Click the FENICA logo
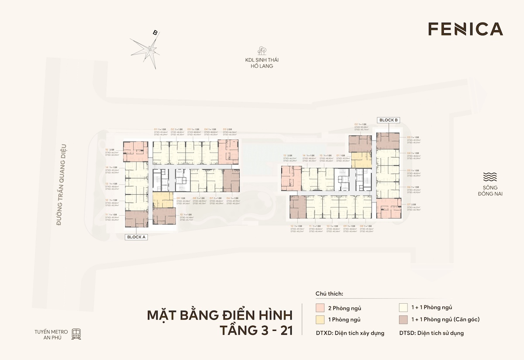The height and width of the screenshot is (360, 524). [465, 29]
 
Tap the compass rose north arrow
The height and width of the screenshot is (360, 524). [150, 49]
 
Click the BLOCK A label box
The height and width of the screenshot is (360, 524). [136, 237]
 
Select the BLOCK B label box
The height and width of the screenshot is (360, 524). [388, 120]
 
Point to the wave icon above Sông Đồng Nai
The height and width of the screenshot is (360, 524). [490, 177]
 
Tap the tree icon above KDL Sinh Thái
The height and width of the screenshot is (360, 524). [262, 50]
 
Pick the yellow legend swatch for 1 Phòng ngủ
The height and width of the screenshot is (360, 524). [320, 319]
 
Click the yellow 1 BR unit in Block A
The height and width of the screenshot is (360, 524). [162, 200]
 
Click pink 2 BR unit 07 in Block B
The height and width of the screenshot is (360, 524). [388, 208]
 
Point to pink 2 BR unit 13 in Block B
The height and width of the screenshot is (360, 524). [291, 175]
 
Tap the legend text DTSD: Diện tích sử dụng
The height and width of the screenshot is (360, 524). [431, 333]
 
